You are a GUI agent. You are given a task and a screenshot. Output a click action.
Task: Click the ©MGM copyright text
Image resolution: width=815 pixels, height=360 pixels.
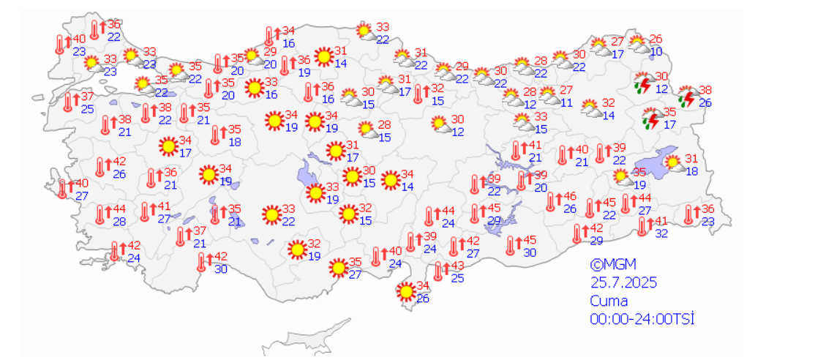[615, 264]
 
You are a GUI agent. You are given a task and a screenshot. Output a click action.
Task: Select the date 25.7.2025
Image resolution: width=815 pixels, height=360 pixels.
[624, 282]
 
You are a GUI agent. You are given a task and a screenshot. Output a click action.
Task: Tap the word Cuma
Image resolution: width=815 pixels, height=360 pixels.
[609, 301]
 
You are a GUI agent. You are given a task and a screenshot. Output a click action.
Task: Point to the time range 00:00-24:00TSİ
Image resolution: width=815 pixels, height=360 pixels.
[642, 319]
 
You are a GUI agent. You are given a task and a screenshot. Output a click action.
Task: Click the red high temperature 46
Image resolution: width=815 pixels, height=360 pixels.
[571, 197]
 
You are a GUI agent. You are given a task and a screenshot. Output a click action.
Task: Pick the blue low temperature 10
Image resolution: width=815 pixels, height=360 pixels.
[656, 51]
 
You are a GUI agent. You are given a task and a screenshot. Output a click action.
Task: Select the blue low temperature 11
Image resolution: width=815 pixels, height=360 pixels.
[566, 102]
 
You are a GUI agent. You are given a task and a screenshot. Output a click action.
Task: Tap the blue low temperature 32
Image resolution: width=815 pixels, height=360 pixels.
[661, 233]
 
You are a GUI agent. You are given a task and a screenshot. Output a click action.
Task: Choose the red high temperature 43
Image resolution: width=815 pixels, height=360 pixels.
[457, 266]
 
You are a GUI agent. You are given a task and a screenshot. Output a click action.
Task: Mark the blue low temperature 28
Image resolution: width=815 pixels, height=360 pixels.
[119, 222]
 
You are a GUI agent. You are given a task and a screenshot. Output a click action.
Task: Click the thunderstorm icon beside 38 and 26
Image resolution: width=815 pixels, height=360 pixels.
[687, 98]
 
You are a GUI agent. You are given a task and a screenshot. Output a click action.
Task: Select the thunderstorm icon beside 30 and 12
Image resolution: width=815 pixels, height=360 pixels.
[644, 83]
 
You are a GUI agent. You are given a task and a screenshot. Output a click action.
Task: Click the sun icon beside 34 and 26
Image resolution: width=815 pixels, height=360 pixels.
[405, 292]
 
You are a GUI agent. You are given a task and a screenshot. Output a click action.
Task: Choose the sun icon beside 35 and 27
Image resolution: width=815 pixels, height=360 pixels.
[338, 269]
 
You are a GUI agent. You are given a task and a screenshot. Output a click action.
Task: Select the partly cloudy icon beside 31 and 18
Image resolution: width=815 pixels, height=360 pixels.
[671, 165]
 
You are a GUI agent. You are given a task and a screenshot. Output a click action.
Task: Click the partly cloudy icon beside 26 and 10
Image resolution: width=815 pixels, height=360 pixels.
[638, 45]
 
